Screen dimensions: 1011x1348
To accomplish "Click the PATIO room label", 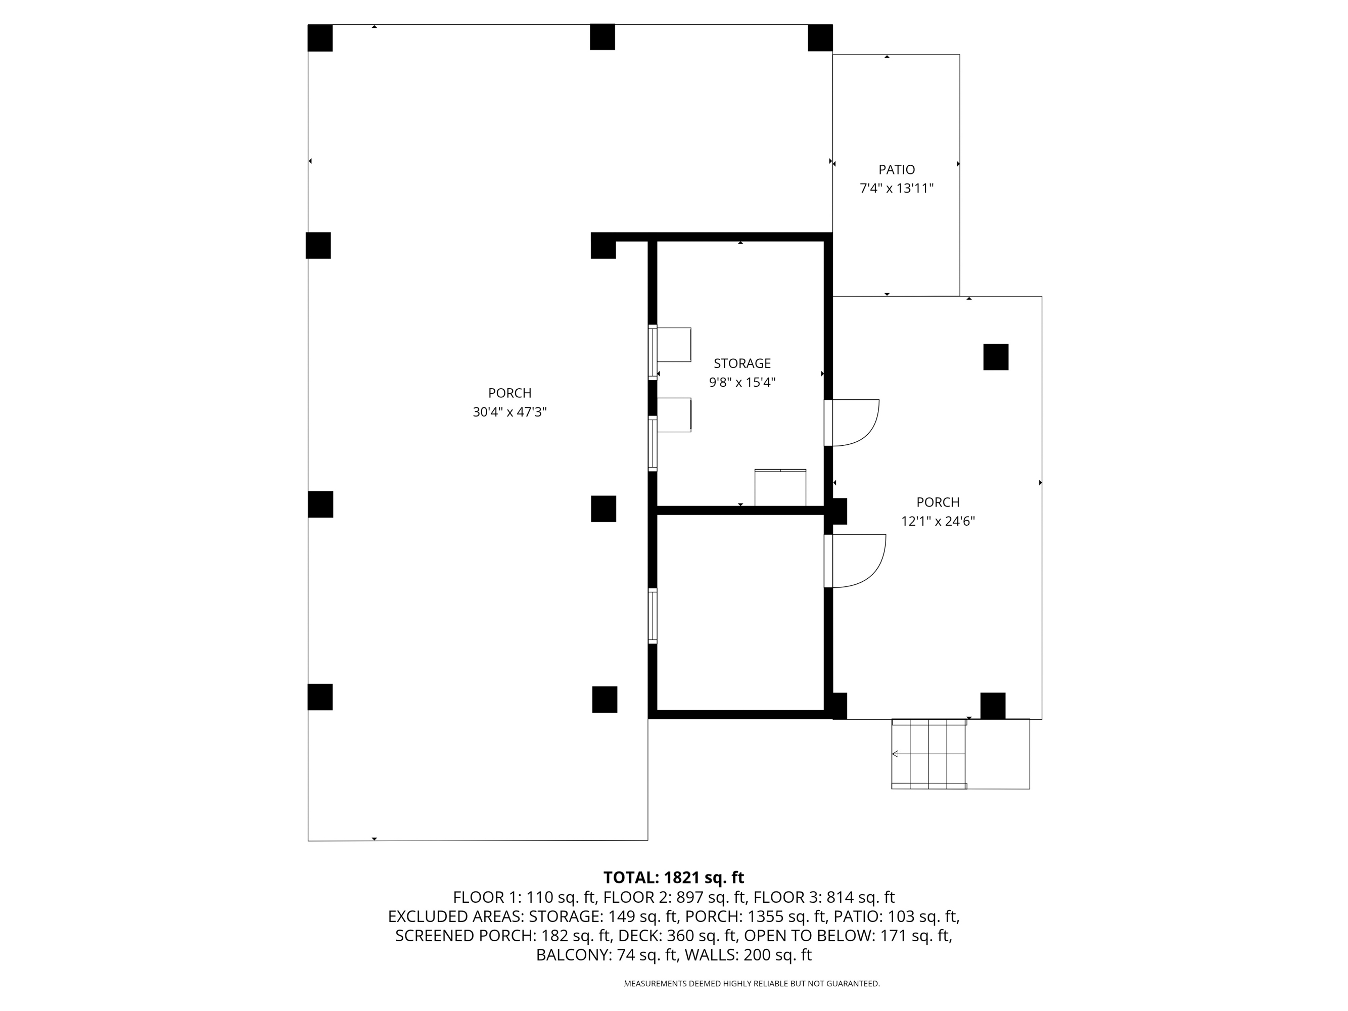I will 897,169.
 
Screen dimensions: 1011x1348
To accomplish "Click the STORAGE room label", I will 741,363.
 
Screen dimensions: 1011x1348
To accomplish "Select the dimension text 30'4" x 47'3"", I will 509,412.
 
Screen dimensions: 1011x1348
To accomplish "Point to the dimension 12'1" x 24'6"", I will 938,521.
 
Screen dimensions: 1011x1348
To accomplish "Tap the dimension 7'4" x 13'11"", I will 897,189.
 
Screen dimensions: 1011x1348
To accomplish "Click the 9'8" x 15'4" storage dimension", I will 741,382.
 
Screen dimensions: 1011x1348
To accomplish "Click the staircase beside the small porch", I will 928,754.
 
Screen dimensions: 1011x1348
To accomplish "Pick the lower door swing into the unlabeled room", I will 856,560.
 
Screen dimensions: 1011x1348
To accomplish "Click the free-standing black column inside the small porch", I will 996,356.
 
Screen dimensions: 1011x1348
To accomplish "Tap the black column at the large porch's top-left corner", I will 320,38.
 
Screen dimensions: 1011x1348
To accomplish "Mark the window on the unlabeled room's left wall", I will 653,616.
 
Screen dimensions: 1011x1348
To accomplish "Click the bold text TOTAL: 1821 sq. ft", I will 673,878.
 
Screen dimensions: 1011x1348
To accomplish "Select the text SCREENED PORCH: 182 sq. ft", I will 503,936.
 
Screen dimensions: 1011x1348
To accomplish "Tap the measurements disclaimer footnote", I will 752,984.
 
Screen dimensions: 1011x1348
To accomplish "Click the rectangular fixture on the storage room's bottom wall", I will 780,487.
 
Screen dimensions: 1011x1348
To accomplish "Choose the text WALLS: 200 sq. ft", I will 748,955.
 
